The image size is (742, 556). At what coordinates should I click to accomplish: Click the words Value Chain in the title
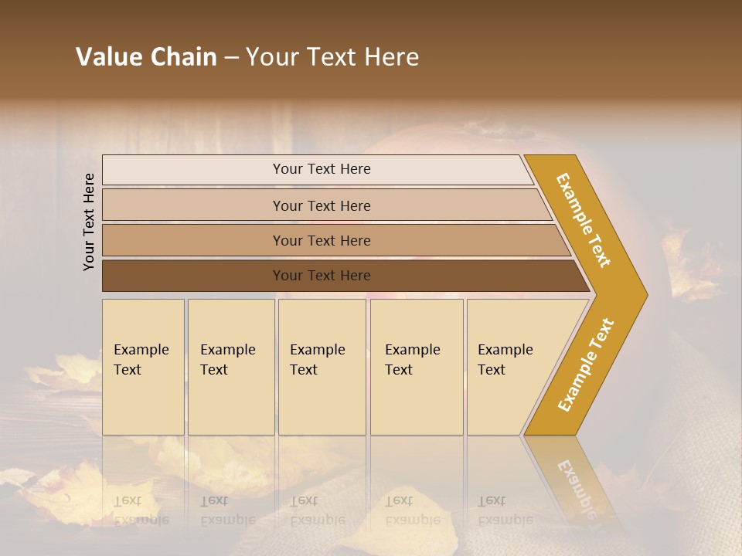click(x=146, y=57)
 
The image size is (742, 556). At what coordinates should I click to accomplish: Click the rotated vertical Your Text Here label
click(x=89, y=222)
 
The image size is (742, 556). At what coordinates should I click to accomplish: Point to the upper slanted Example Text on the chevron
click(x=584, y=220)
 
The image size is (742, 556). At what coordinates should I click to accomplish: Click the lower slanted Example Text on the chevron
click(x=586, y=364)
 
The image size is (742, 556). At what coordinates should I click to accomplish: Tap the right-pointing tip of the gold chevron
click(x=642, y=294)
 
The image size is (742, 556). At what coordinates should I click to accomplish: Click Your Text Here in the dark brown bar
click(x=322, y=276)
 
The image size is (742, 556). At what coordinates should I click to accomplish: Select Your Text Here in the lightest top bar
click(x=322, y=169)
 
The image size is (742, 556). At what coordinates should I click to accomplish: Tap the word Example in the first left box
click(x=141, y=350)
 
